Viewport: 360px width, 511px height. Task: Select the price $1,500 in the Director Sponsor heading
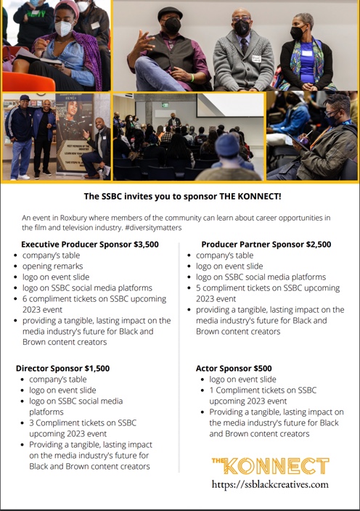tap(96, 368)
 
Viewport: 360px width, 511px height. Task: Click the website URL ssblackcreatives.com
tap(270, 483)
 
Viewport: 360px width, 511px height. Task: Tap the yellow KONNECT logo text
tap(270, 465)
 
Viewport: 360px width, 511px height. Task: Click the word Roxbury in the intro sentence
tap(73, 217)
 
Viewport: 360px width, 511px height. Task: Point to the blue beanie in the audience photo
tap(228, 145)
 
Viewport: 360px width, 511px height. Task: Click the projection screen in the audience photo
tap(229, 107)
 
